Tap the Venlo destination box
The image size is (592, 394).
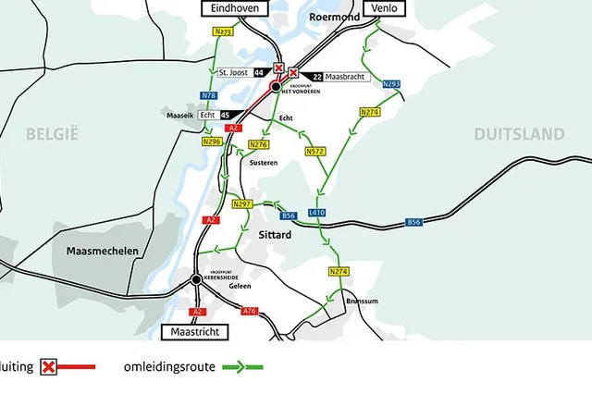click(381, 7)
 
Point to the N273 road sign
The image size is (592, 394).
click(223, 31)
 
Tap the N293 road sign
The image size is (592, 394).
click(391, 84)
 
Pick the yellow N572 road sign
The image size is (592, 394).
click(315, 151)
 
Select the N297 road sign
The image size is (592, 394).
click(242, 203)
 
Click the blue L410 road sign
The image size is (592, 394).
click(317, 213)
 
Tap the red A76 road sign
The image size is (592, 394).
click(249, 311)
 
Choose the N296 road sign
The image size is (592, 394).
click(212, 142)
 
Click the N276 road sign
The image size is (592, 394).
click(260, 144)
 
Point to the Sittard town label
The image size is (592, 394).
click(275, 235)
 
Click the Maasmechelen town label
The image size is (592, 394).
click(102, 251)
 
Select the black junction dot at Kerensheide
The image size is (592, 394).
click(196, 279)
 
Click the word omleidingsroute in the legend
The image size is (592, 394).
click(170, 367)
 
